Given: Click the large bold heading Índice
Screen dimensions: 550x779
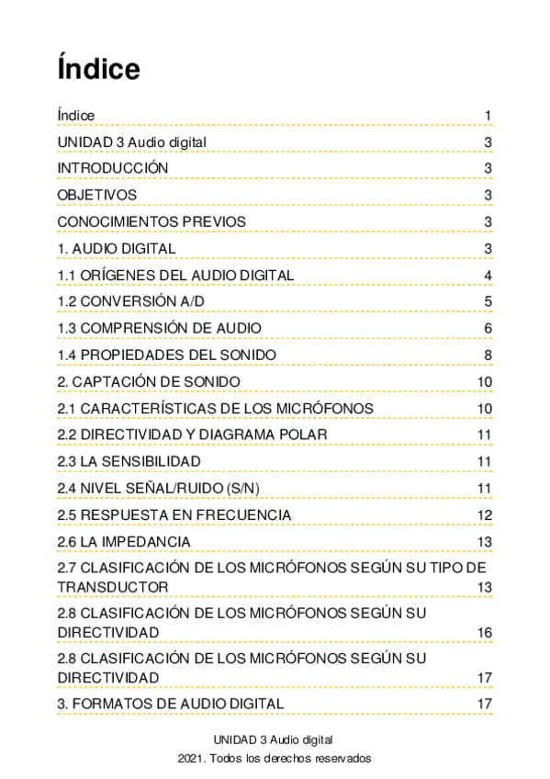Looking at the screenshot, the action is (x=98, y=69).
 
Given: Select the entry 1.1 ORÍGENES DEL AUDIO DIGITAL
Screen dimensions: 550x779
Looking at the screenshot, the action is (x=175, y=276).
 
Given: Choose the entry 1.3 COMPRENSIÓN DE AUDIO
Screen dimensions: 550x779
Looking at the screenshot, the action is (x=159, y=328).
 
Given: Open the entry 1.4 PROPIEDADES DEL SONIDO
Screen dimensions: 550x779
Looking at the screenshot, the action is (x=166, y=355).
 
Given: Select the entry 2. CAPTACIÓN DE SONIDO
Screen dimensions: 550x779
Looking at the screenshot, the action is (x=149, y=381).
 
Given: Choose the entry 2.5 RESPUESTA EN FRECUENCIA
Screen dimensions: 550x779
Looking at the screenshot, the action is (x=174, y=514).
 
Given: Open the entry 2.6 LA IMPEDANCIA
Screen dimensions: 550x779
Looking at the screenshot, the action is (x=124, y=541).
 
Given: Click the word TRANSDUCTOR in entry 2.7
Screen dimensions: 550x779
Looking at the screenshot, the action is (x=112, y=586).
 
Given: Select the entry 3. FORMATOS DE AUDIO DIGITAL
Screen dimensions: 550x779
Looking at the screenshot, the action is (x=170, y=704).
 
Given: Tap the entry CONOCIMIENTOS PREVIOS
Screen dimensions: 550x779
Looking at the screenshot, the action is (x=152, y=221).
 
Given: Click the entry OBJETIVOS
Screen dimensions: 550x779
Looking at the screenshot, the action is (x=96, y=195).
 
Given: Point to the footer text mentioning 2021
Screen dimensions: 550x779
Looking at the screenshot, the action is (x=275, y=759).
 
